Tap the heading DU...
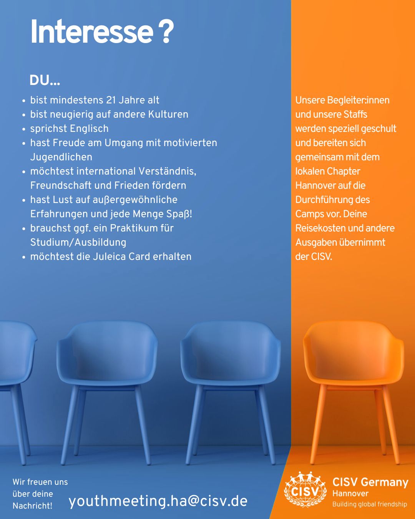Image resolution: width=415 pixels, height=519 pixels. pos(45,80)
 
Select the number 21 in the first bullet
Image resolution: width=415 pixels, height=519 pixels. pos(111,100)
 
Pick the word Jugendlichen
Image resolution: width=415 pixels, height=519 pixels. pos(61,157)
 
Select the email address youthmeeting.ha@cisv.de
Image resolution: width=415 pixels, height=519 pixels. pos(158,501)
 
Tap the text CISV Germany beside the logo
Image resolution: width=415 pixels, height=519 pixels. pos(370,482)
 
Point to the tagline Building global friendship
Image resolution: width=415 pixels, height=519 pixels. pos(370,504)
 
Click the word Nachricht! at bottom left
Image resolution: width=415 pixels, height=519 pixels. pos(32,506)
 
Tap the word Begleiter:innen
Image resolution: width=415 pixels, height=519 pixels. pos(358,100)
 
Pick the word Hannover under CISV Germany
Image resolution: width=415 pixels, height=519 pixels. pos(350,494)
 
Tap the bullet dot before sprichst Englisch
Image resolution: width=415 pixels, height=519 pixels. pos(23,129)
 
